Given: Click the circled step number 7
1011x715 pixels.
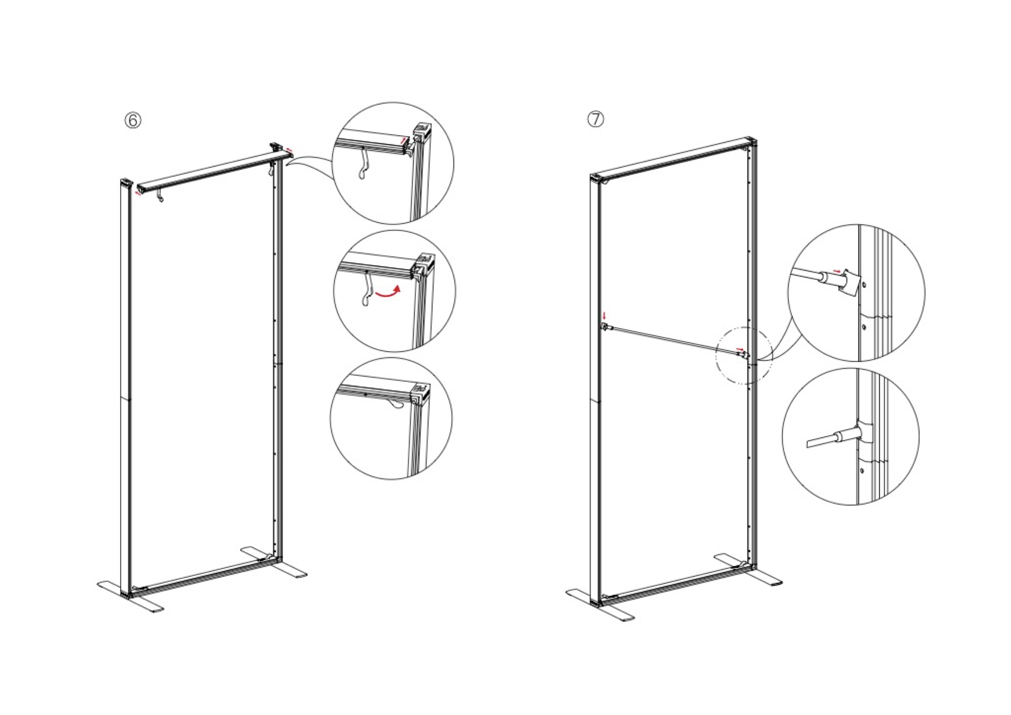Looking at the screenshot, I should click(x=596, y=120).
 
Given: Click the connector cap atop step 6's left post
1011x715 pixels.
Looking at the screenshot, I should click(x=126, y=182).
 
